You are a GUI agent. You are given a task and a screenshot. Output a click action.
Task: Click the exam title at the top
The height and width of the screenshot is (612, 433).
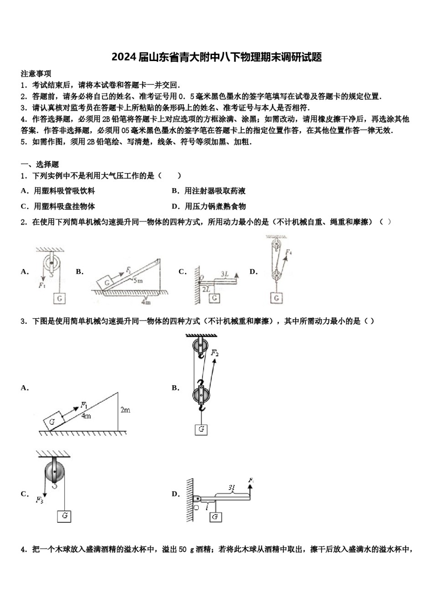[216, 57]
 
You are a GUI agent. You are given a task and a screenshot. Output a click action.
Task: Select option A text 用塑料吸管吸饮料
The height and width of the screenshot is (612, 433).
[64, 191]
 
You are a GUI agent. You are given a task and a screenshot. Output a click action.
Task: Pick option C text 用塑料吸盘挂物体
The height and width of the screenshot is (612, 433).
[64, 207]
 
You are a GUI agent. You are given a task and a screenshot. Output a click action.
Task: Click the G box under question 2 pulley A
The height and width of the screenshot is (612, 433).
[59, 298]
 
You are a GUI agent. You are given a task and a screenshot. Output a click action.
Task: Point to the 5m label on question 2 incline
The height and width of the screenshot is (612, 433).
[138, 281]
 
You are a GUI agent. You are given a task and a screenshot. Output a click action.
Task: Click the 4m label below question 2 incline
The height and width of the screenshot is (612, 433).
[146, 302]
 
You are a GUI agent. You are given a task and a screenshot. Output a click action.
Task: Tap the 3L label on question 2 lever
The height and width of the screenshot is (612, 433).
[225, 274]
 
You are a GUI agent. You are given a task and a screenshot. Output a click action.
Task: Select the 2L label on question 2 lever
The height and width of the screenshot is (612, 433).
[206, 289]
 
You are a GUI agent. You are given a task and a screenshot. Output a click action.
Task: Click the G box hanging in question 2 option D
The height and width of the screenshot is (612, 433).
[276, 298]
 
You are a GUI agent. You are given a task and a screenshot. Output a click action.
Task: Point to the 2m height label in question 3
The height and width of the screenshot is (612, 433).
[125, 410]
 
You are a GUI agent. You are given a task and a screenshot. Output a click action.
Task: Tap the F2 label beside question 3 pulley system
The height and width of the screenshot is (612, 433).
[215, 353]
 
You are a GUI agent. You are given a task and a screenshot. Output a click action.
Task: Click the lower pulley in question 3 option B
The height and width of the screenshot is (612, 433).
[201, 394]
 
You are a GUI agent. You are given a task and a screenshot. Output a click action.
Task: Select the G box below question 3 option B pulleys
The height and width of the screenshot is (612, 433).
[201, 429]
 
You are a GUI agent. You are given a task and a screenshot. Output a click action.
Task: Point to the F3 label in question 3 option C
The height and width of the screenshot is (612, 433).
[40, 500]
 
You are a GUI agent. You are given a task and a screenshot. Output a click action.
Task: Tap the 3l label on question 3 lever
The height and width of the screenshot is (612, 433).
[232, 488]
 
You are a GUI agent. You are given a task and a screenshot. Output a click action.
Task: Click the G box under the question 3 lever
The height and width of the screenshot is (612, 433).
[215, 516]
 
